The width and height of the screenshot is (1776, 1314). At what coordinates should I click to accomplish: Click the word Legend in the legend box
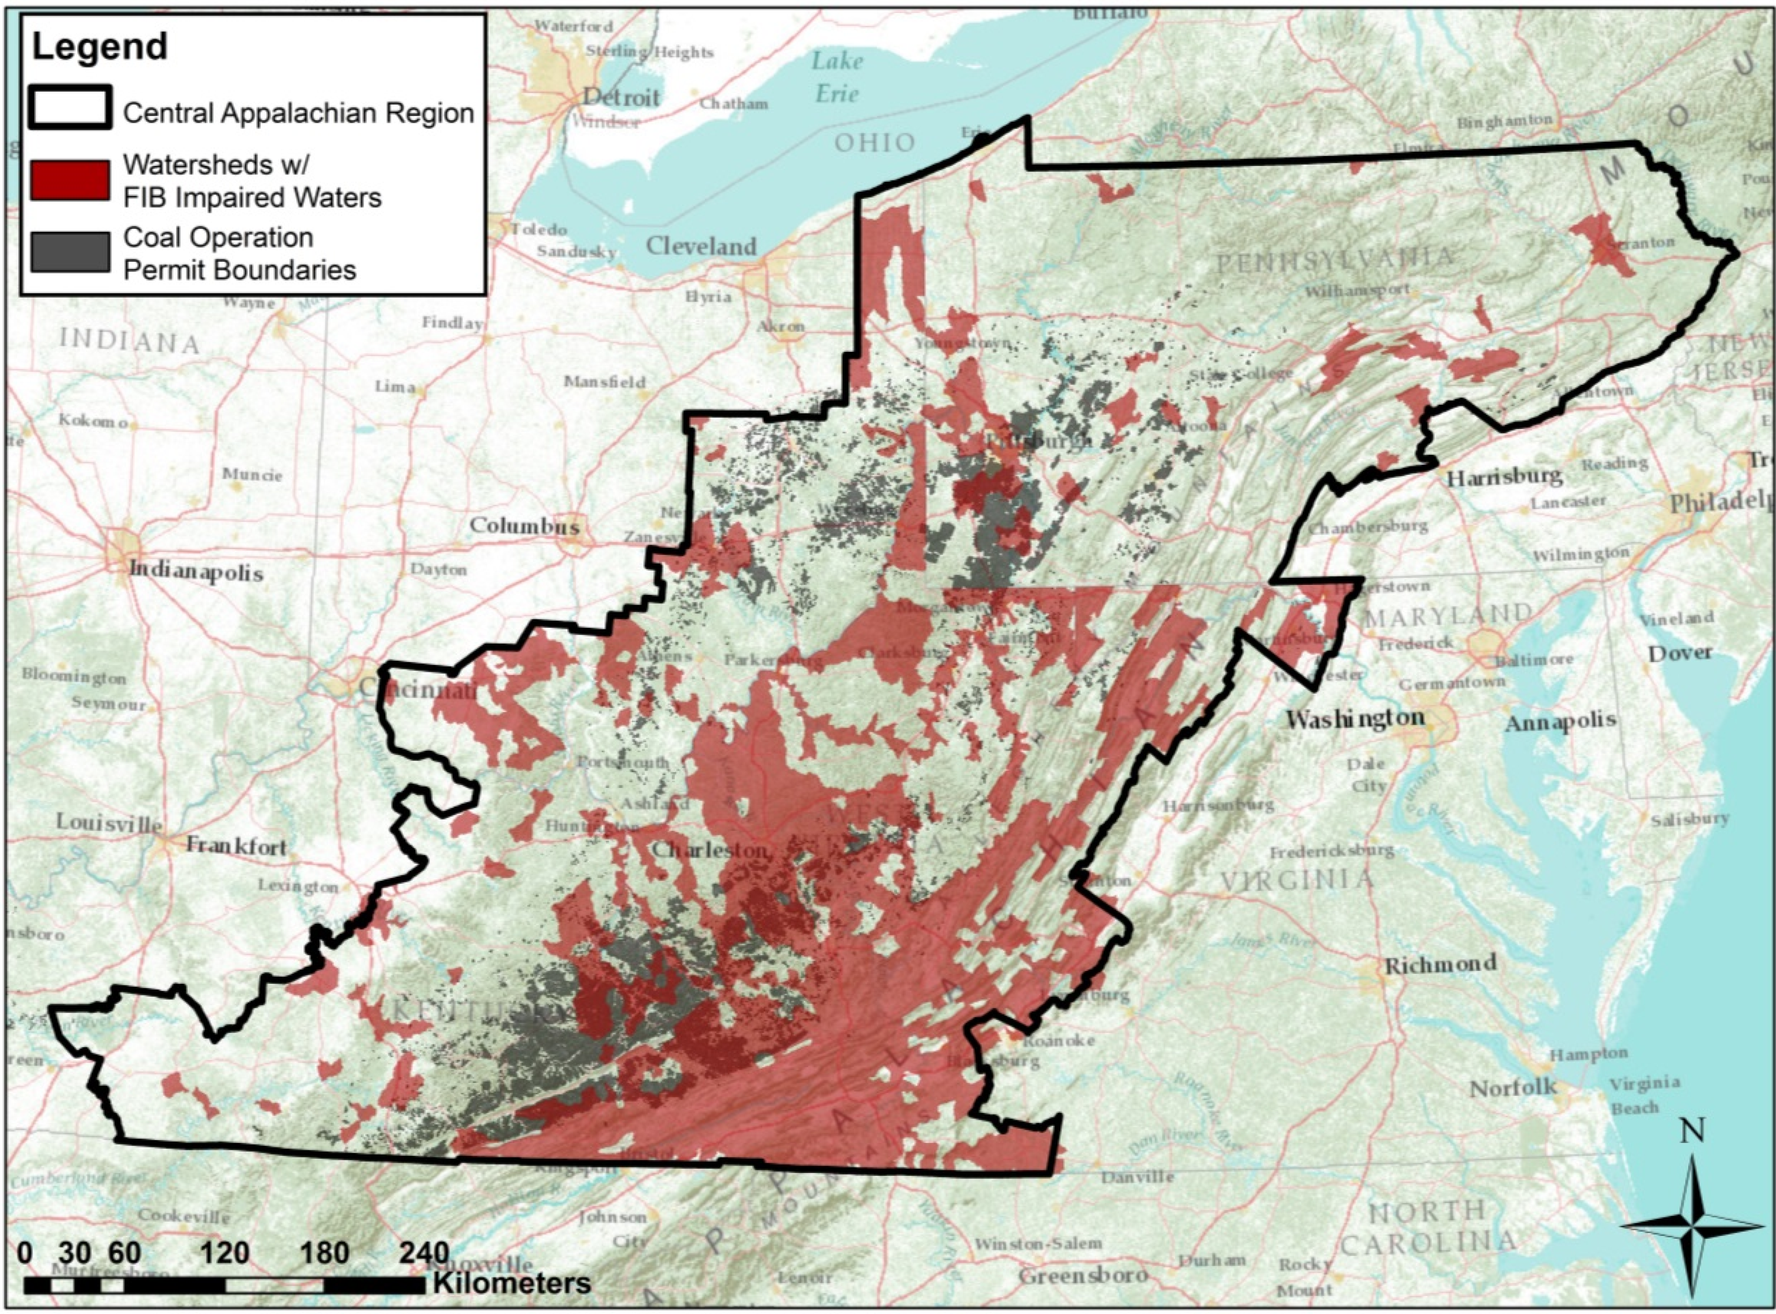pyautogui.click(x=99, y=47)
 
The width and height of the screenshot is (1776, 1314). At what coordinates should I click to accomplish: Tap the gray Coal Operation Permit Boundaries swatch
pyautogui.click(x=69, y=252)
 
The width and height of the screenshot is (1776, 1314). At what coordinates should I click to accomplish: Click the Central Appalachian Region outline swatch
pyautogui.click(x=69, y=107)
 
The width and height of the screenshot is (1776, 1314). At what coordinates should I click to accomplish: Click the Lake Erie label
pyautogui.click(x=837, y=77)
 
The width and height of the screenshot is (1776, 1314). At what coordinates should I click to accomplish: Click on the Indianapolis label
pyautogui.click(x=195, y=571)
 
